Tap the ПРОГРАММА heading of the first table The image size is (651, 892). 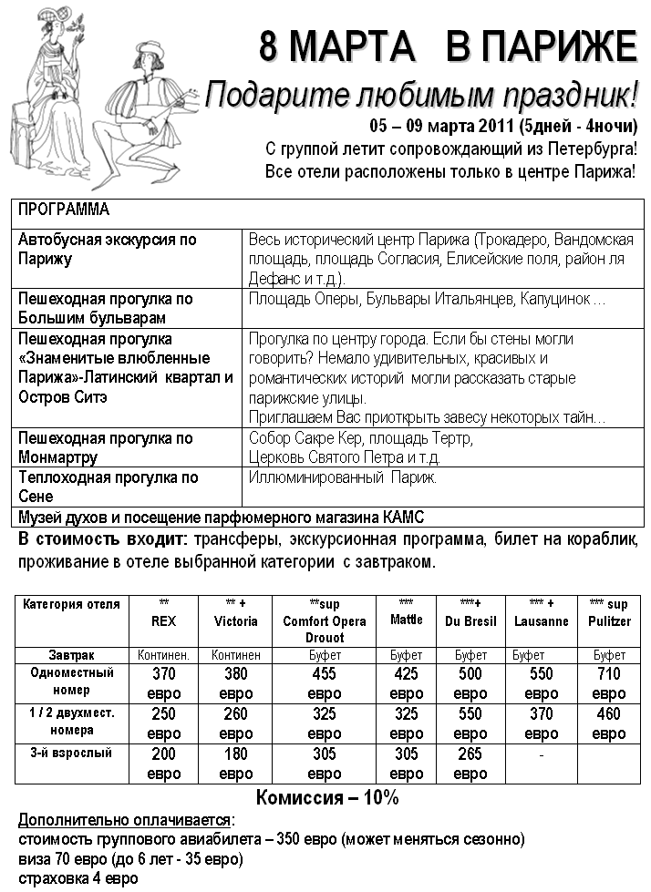(x=64, y=210)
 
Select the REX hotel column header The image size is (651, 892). (x=163, y=620)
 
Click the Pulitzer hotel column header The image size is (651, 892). (x=609, y=620)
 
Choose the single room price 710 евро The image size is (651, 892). (x=609, y=683)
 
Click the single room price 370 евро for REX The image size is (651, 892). (x=163, y=683)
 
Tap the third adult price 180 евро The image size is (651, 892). (x=236, y=764)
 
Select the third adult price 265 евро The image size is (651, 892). (x=470, y=764)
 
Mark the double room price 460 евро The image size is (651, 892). (x=609, y=723)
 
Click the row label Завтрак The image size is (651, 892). (x=72, y=654)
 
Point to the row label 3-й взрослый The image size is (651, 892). (x=72, y=754)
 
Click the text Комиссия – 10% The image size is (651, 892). (x=326, y=798)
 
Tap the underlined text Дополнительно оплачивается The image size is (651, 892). (x=126, y=819)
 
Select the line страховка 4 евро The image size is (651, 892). (x=78, y=878)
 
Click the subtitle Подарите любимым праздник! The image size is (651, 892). (x=421, y=94)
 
